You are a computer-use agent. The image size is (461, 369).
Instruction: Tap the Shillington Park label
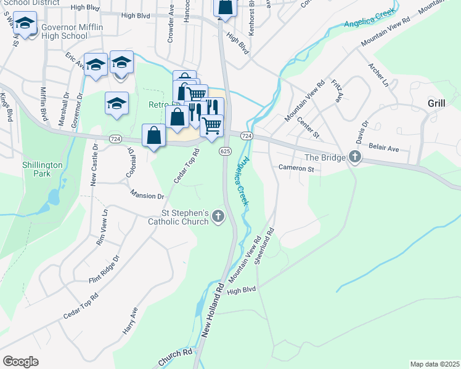[43, 169]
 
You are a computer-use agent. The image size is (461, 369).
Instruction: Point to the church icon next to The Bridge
[354, 157]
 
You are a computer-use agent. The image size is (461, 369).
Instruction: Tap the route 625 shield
[225, 151]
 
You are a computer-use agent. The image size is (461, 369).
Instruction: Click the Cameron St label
[296, 168]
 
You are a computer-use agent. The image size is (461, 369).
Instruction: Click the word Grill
[436, 103]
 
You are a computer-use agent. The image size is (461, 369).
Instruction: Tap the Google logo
[20, 361]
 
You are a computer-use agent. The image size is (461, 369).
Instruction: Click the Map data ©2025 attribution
[434, 364]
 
